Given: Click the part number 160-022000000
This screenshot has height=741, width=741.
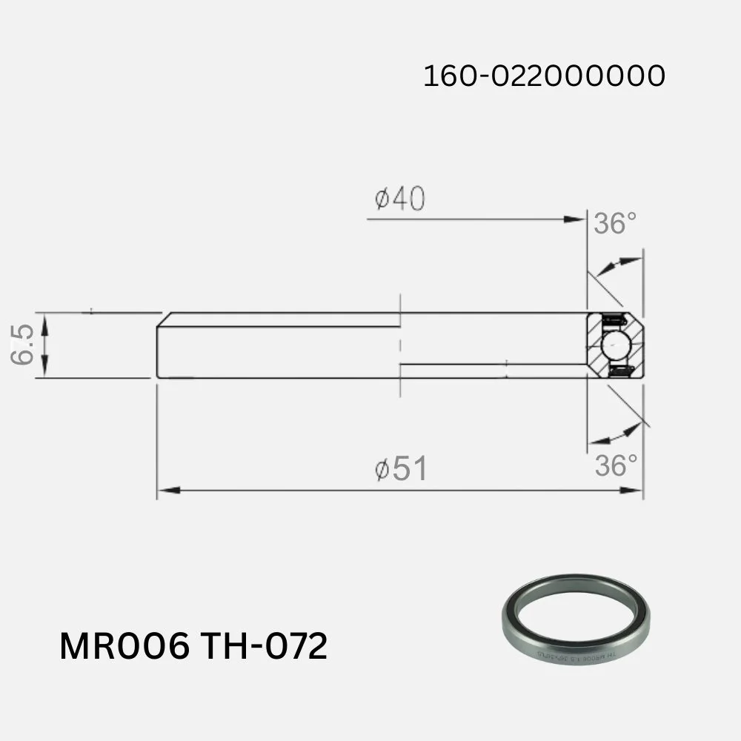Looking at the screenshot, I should [544, 76].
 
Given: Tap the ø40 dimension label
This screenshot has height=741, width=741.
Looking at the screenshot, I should [399, 199].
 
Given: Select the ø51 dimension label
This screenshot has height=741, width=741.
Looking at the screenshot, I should [400, 469].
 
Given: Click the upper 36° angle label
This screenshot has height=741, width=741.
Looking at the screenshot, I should [615, 223].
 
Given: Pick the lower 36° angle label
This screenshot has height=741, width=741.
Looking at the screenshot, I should [616, 466].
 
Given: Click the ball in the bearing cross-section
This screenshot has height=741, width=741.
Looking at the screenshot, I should [614, 345].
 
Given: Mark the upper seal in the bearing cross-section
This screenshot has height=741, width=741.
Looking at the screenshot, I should [614, 320].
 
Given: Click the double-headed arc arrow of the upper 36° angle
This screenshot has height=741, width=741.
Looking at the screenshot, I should [618, 265].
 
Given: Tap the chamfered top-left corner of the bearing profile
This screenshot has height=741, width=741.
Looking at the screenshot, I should [164, 319].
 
